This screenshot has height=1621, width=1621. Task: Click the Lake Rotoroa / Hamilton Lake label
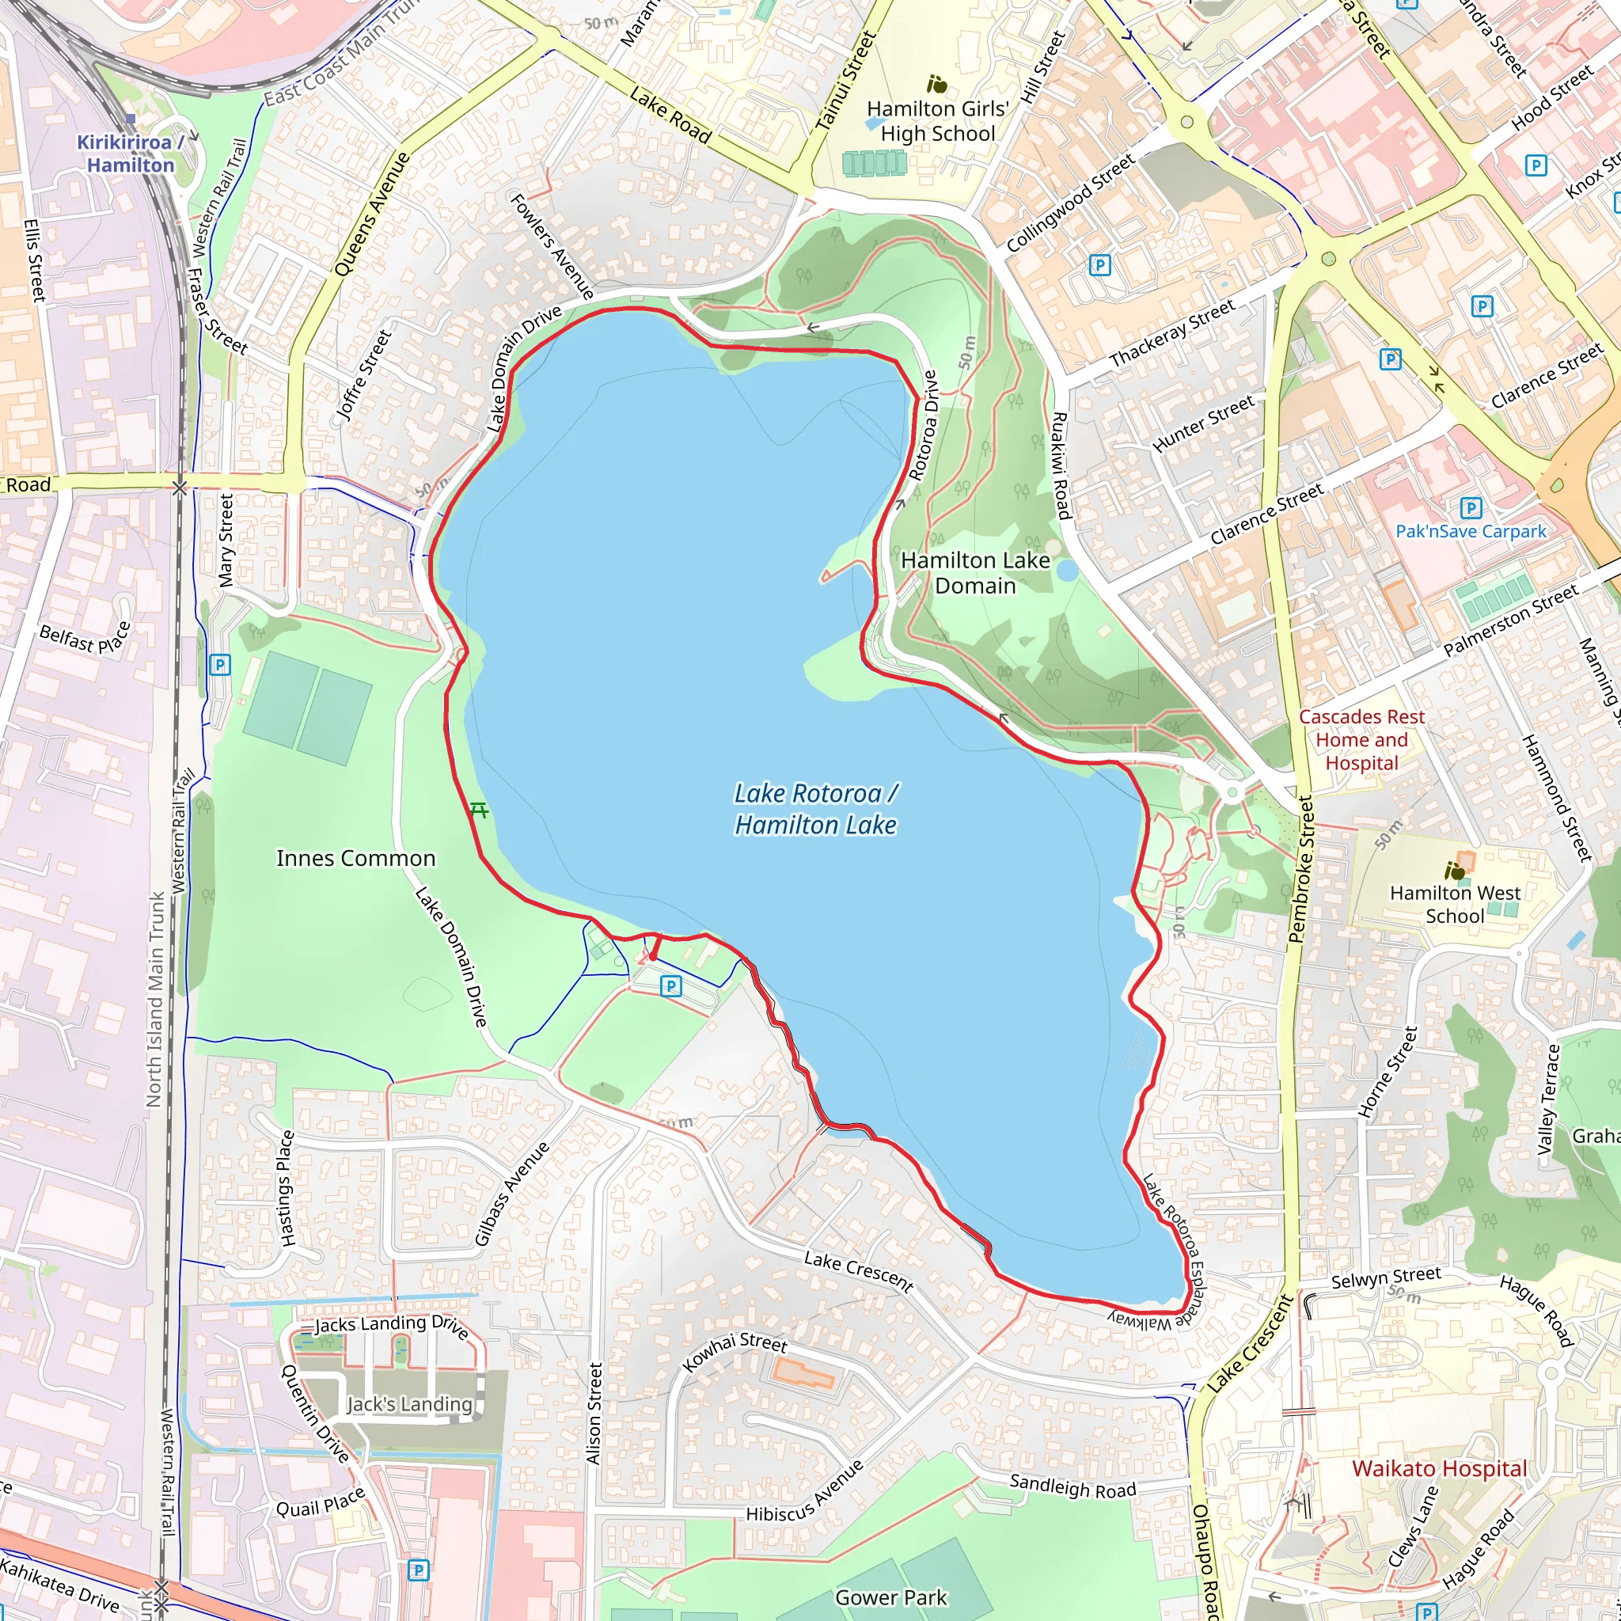816,810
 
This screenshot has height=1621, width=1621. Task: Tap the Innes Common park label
355,858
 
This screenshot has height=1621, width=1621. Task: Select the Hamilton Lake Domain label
975,573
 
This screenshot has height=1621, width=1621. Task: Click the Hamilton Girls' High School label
937,121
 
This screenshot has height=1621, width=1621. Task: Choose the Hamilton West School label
1455,904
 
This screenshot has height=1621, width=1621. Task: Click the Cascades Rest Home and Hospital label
1361,740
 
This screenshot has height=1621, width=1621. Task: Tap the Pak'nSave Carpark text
1470,531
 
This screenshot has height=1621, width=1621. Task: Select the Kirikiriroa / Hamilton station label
130,154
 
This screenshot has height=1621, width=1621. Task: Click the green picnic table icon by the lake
479,810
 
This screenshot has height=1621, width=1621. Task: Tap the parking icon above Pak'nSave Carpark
1470,507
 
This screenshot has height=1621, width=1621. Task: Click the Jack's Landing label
409,1403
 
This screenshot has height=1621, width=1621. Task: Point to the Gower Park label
891,1596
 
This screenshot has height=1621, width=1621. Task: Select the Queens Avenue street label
372,214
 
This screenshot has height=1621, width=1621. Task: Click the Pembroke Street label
1301,868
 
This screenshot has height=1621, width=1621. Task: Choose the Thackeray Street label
1172,333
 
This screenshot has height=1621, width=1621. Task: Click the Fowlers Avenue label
552,245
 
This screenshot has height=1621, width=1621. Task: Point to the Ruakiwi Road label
1061,465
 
